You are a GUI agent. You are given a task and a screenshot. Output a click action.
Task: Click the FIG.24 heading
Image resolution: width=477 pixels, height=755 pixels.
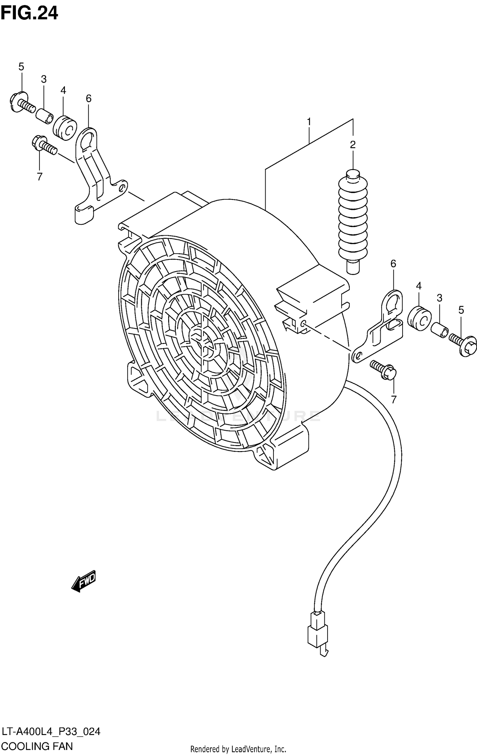29,13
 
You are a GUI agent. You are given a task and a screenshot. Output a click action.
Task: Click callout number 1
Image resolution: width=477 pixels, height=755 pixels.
308,122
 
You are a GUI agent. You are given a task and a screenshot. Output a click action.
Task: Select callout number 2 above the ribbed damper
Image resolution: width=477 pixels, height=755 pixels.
353,145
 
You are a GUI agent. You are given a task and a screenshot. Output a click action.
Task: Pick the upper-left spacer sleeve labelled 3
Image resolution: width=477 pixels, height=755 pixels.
45,116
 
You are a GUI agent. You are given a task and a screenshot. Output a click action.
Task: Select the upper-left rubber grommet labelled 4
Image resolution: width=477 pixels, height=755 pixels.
65,128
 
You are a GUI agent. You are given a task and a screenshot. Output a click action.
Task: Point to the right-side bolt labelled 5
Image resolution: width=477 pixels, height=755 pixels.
463,344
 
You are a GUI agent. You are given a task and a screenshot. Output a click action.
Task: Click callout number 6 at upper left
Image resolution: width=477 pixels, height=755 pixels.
89,99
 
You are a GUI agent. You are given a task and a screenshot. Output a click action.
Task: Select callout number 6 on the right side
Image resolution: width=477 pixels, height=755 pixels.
393,264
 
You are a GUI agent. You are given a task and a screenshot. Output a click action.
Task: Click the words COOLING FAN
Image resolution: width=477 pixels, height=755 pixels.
37,746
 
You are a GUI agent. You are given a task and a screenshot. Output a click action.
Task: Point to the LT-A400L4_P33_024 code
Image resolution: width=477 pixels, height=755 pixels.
51,732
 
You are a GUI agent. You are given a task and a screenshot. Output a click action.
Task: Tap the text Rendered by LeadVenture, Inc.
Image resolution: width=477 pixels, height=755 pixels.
238,749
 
